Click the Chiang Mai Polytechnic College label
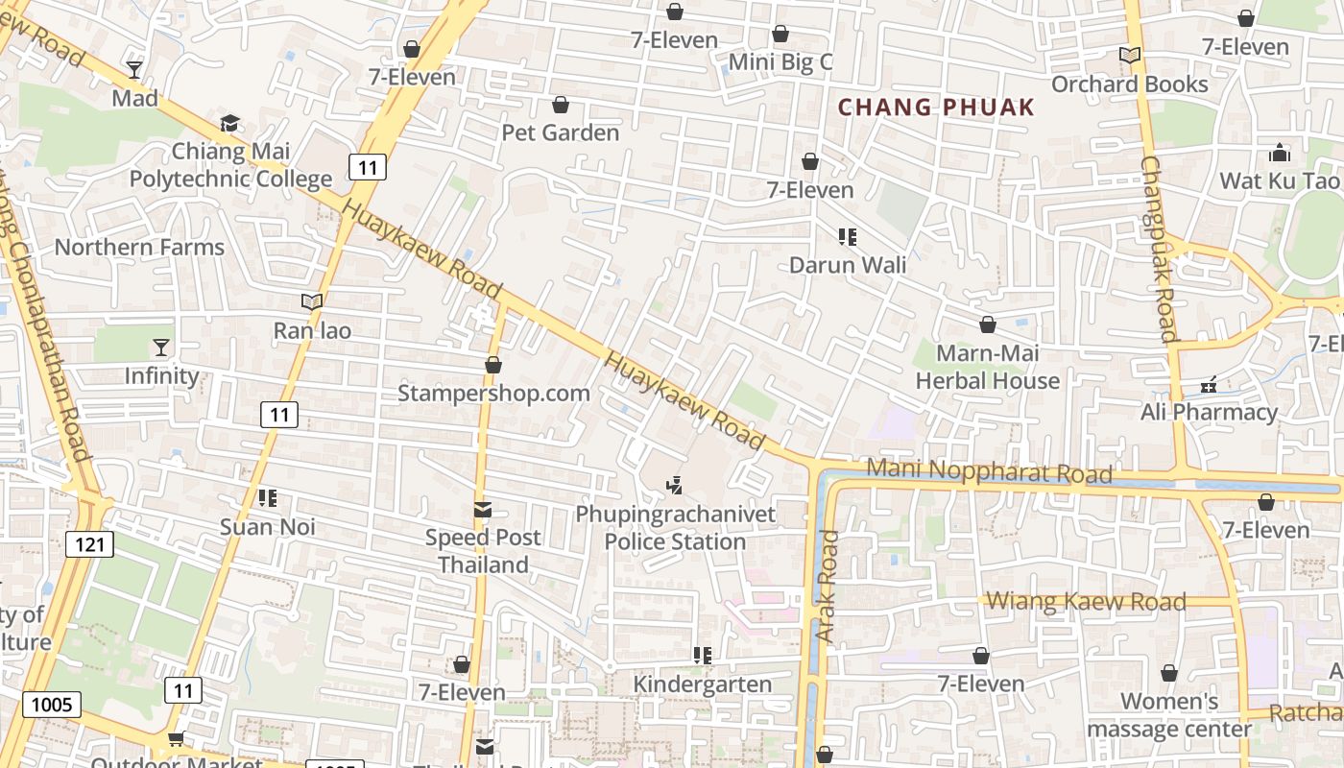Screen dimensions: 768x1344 pyautogui.click(x=230, y=165)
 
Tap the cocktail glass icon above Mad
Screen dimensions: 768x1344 pyautogui.click(x=134, y=70)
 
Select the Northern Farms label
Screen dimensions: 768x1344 pyautogui.click(x=139, y=247)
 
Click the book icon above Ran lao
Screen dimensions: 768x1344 pyautogui.click(x=312, y=302)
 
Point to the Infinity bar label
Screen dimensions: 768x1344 pyautogui.click(x=161, y=375)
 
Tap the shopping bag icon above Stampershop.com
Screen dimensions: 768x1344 pyautogui.click(x=493, y=366)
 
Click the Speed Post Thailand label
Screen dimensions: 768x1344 pyautogui.click(x=483, y=551)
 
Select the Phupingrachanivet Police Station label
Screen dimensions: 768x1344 pyautogui.click(x=676, y=528)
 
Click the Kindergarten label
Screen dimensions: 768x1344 pyautogui.click(x=703, y=684)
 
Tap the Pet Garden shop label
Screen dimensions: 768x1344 pyautogui.click(x=561, y=132)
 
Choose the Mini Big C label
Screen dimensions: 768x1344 pyautogui.click(x=780, y=62)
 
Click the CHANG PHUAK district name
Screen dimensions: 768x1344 pyautogui.click(x=937, y=108)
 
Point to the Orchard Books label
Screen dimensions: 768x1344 pyautogui.click(x=1130, y=84)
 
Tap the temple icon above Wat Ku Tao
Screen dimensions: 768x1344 pyautogui.click(x=1279, y=153)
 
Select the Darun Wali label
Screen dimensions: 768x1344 pyautogui.click(x=848, y=265)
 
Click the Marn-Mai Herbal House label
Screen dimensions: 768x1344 pyautogui.click(x=988, y=368)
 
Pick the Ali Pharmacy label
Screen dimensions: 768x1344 pyautogui.click(x=1209, y=413)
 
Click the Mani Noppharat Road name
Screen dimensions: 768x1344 pyautogui.click(x=990, y=471)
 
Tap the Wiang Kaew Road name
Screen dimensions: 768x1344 pyautogui.click(x=1087, y=602)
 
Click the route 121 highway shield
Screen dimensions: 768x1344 pyautogui.click(x=90, y=545)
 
